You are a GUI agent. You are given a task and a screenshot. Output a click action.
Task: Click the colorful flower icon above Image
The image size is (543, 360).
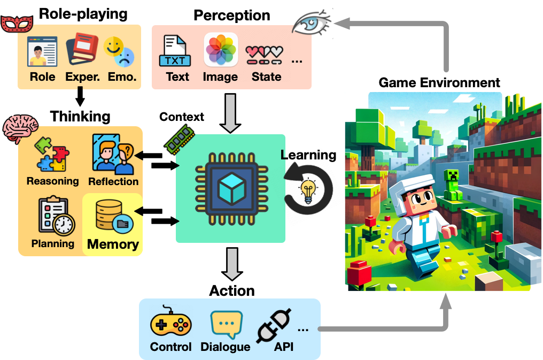coord(221,50)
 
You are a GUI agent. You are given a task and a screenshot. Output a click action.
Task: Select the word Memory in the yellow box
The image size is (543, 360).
coord(113,244)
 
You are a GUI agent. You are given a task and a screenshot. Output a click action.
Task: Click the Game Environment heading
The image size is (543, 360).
coord(439,83)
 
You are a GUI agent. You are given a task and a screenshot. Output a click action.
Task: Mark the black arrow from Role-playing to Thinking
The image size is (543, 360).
coord(80,97)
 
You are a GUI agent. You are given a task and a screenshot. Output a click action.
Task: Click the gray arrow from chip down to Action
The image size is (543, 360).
coord(231,264)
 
